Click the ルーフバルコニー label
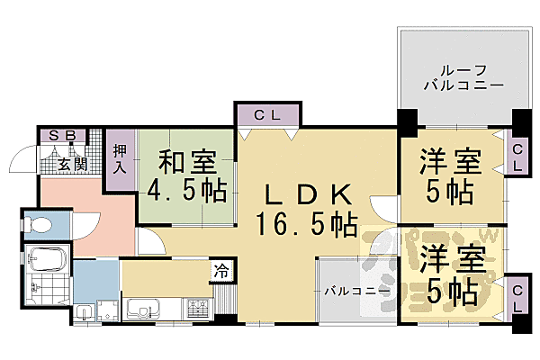462,78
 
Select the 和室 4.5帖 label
187,178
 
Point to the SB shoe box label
62,136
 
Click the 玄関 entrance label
73,163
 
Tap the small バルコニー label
356,292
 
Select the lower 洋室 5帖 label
451,273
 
